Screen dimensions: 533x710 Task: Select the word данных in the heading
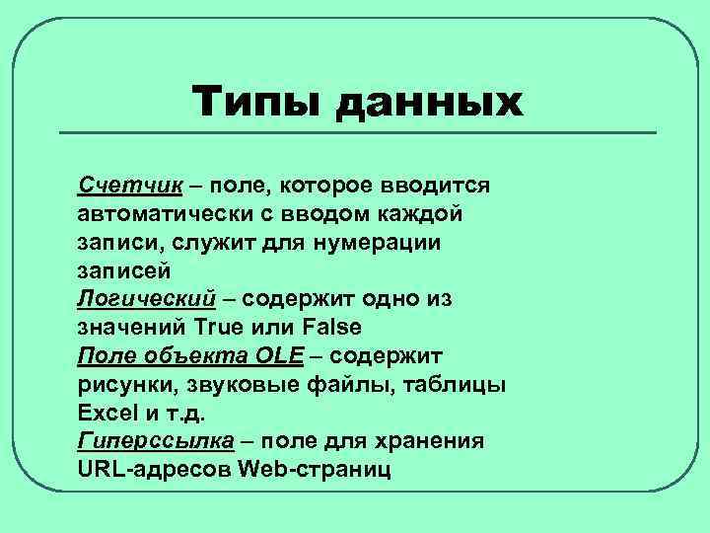pos(430,105)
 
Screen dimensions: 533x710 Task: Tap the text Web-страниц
pos(315,468)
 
